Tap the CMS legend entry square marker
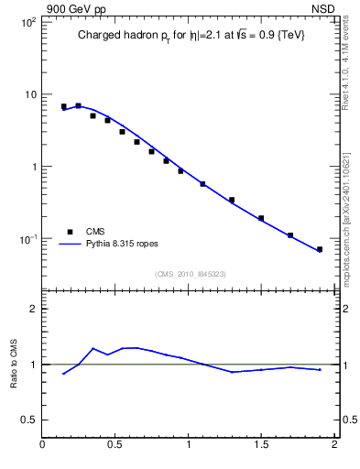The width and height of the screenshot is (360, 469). click(x=69, y=232)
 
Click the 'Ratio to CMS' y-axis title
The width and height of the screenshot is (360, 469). click(x=14, y=364)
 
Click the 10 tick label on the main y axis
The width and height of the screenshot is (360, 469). click(x=29, y=94)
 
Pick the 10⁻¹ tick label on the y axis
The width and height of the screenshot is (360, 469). click(x=27, y=239)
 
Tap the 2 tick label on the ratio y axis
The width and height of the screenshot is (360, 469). click(x=33, y=309)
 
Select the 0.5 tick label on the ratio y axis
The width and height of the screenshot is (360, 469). click(x=28, y=420)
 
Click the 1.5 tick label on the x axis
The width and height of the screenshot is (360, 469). click(x=261, y=446)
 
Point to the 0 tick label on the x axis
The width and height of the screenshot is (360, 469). click(x=43, y=446)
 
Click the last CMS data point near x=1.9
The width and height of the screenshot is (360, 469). click(x=320, y=249)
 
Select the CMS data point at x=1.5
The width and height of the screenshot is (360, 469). click(x=261, y=218)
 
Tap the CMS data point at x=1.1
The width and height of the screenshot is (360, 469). click(x=202, y=184)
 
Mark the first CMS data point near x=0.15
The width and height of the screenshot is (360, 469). click(x=64, y=106)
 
